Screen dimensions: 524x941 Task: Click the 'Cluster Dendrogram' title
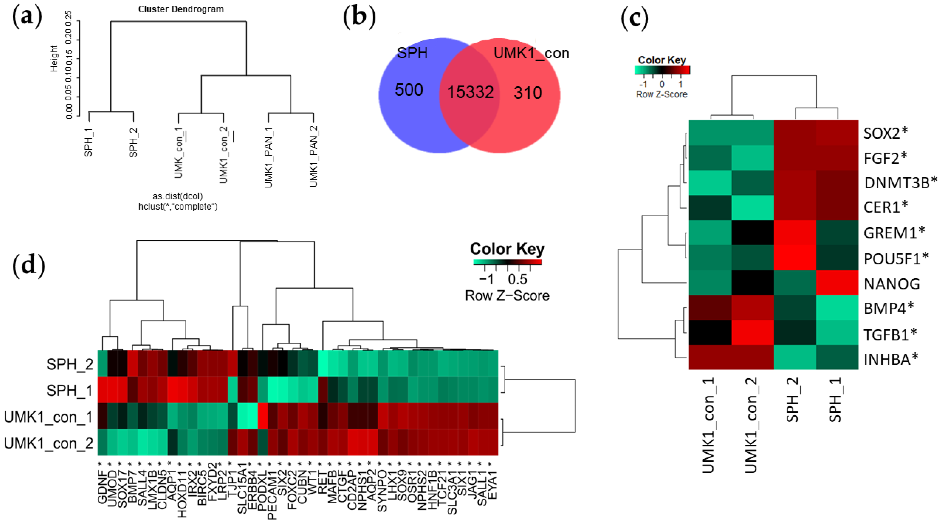pyautogui.click(x=181, y=9)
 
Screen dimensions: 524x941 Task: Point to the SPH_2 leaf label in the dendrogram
pyautogui.click(x=134, y=142)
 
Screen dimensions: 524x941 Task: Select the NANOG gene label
pyautogui.click(x=891, y=284)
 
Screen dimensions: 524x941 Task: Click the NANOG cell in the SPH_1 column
pyautogui.click(x=837, y=283)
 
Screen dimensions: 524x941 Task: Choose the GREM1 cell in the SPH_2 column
pyautogui.click(x=795, y=233)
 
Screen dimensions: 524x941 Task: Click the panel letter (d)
pyautogui.click(x=28, y=266)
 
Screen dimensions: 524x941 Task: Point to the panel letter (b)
pyautogui.click(x=359, y=17)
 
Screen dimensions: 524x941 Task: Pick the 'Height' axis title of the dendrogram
pyautogui.click(x=54, y=59)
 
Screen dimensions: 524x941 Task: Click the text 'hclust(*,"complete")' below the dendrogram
pyautogui.click(x=178, y=207)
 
